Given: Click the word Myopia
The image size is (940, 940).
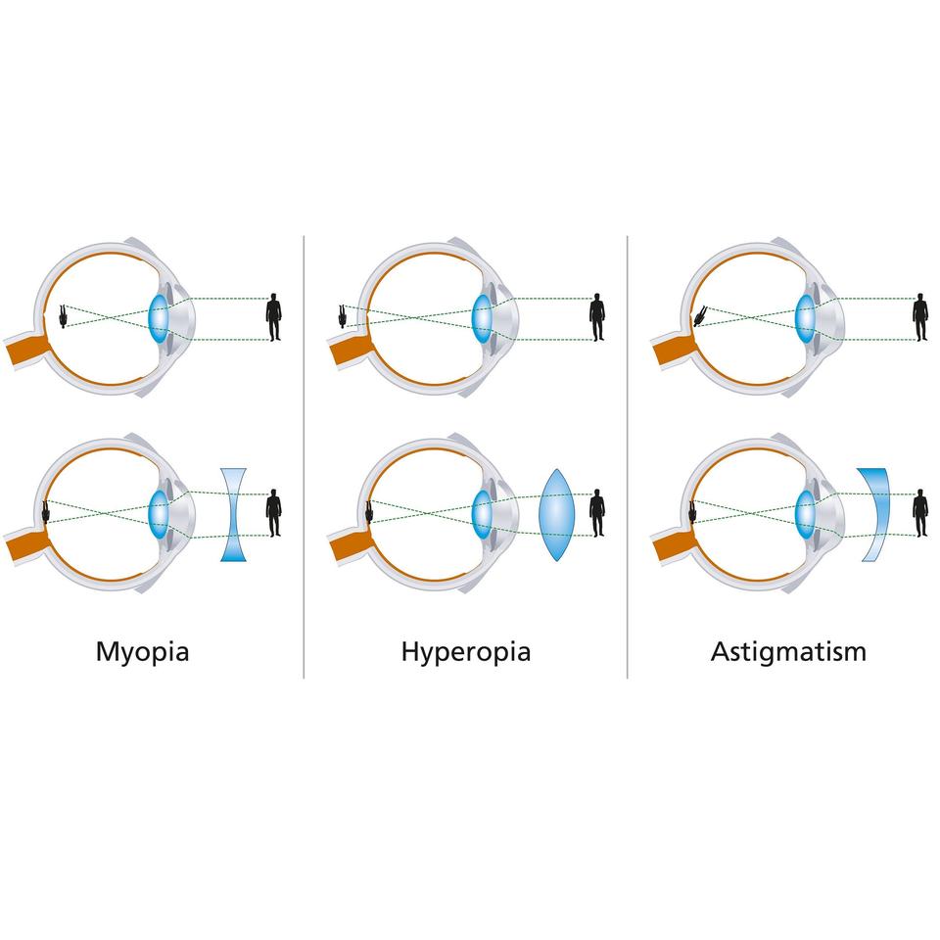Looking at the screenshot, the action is pyautogui.click(x=142, y=651).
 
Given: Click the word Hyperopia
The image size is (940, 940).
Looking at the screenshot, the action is pyautogui.click(x=466, y=651).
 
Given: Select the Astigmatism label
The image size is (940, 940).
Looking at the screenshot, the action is pyautogui.click(x=788, y=651).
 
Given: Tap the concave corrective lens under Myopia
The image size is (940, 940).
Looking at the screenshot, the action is pyautogui.click(x=232, y=513).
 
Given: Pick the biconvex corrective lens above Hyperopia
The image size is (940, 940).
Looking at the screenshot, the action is pyautogui.click(x=554, y=513).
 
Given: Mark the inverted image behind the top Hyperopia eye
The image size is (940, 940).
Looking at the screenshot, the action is pyautogui.click(x=343, y=316).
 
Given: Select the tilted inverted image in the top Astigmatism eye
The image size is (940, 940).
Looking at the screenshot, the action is pyautogui.click(x=700, y=316).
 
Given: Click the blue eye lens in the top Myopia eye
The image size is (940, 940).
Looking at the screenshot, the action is pyautogui.click(x=159, y=317).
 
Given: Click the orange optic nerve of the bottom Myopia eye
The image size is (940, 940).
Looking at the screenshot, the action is pyautogui.click(x=23, y=546).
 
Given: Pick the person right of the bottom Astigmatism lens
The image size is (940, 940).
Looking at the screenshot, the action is pyautogui.click(x=919, y=513).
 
